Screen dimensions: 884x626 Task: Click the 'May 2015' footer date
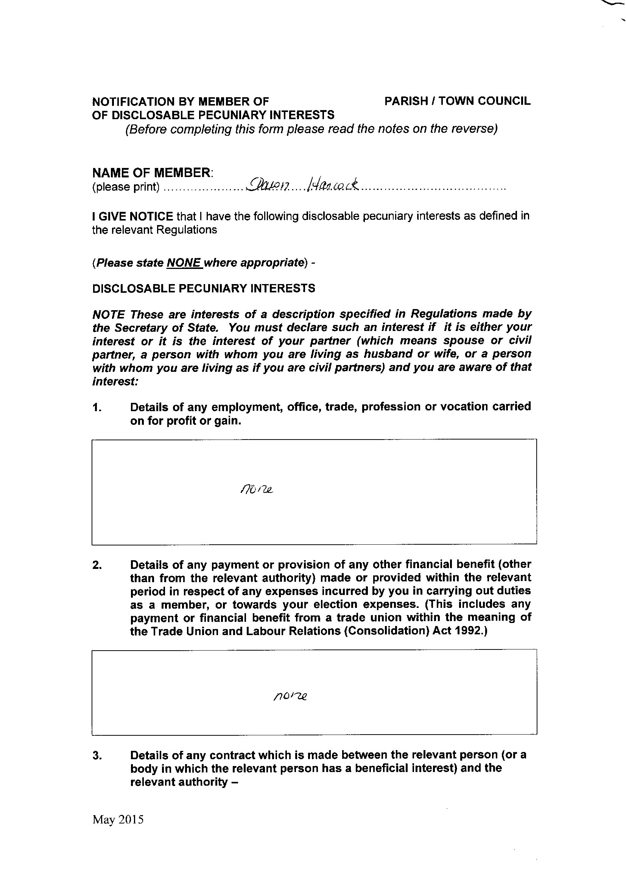click(x=118, y=830)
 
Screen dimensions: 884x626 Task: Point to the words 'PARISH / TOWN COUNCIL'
click(x=457, y=101)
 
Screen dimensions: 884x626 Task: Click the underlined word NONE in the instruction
click(x=184, y=263)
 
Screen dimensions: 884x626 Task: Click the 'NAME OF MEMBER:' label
click(x=153, y=172)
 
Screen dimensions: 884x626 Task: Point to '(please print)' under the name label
click(x=126, y=187)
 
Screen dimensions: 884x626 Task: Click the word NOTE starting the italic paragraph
click(x=108, y=314)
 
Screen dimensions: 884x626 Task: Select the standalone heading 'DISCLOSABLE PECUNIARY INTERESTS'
click(x=204, y=289)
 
